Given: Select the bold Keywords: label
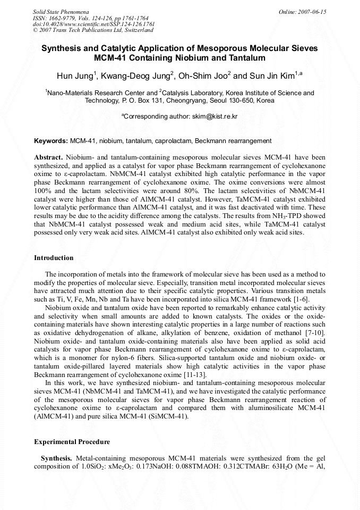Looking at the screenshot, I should pos(51,141).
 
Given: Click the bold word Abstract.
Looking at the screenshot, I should pos(49,158).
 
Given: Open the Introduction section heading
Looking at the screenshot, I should pos(54,258).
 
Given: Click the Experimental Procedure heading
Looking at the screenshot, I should pos(72,442).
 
